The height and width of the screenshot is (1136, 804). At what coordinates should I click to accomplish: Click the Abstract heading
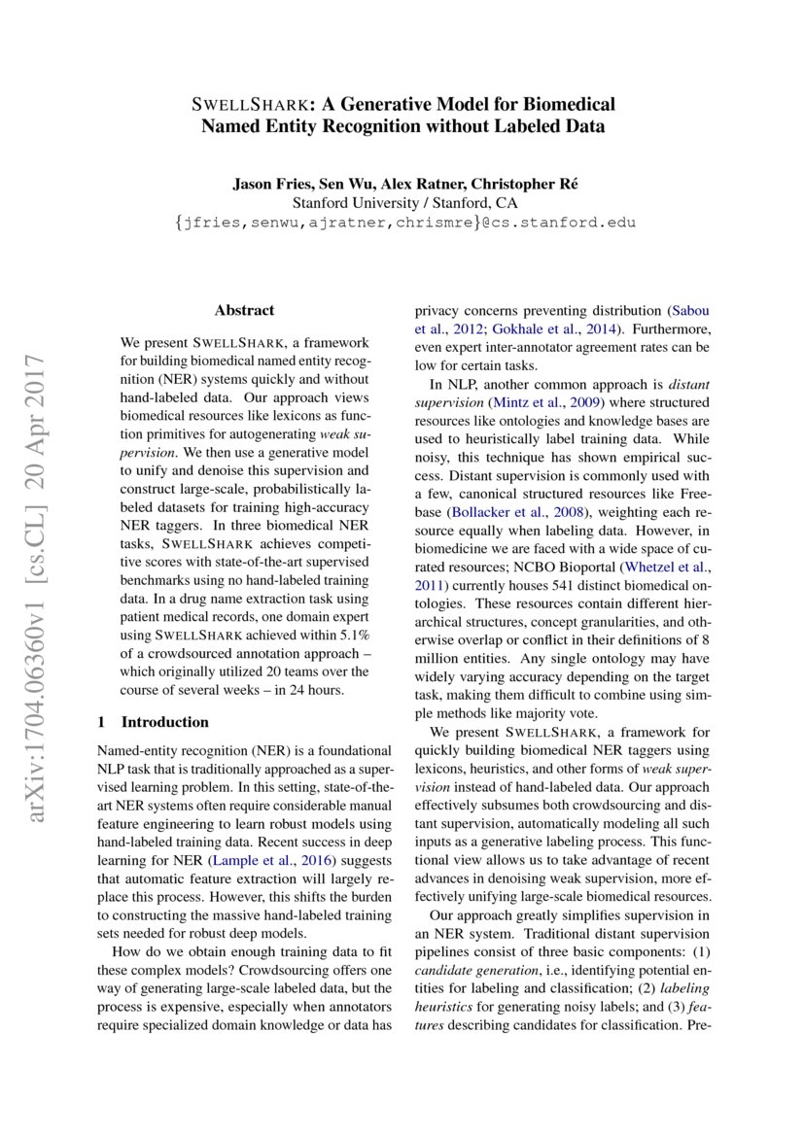[244, 310]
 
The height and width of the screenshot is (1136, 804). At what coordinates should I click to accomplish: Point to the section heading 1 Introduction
[154, 722]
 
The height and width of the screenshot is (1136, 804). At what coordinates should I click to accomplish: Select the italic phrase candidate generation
[462, 998]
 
